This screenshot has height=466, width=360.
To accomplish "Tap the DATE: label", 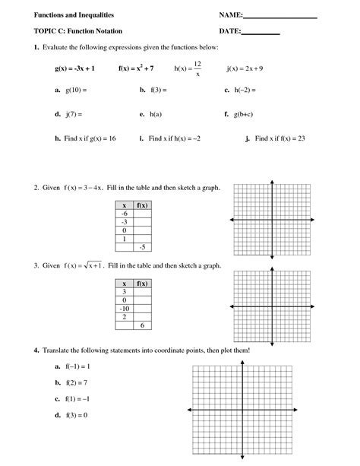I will click(229, 32).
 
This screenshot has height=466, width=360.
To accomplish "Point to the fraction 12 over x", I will click(197, 68).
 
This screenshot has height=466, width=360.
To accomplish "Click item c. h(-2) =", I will click(239, 90).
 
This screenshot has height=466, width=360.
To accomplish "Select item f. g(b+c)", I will click(238, 115).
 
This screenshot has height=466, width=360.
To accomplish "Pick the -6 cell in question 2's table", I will click(124, 214).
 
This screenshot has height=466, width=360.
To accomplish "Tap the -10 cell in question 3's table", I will click(124, 308).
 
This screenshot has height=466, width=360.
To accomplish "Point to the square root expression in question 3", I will click(92, 266).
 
